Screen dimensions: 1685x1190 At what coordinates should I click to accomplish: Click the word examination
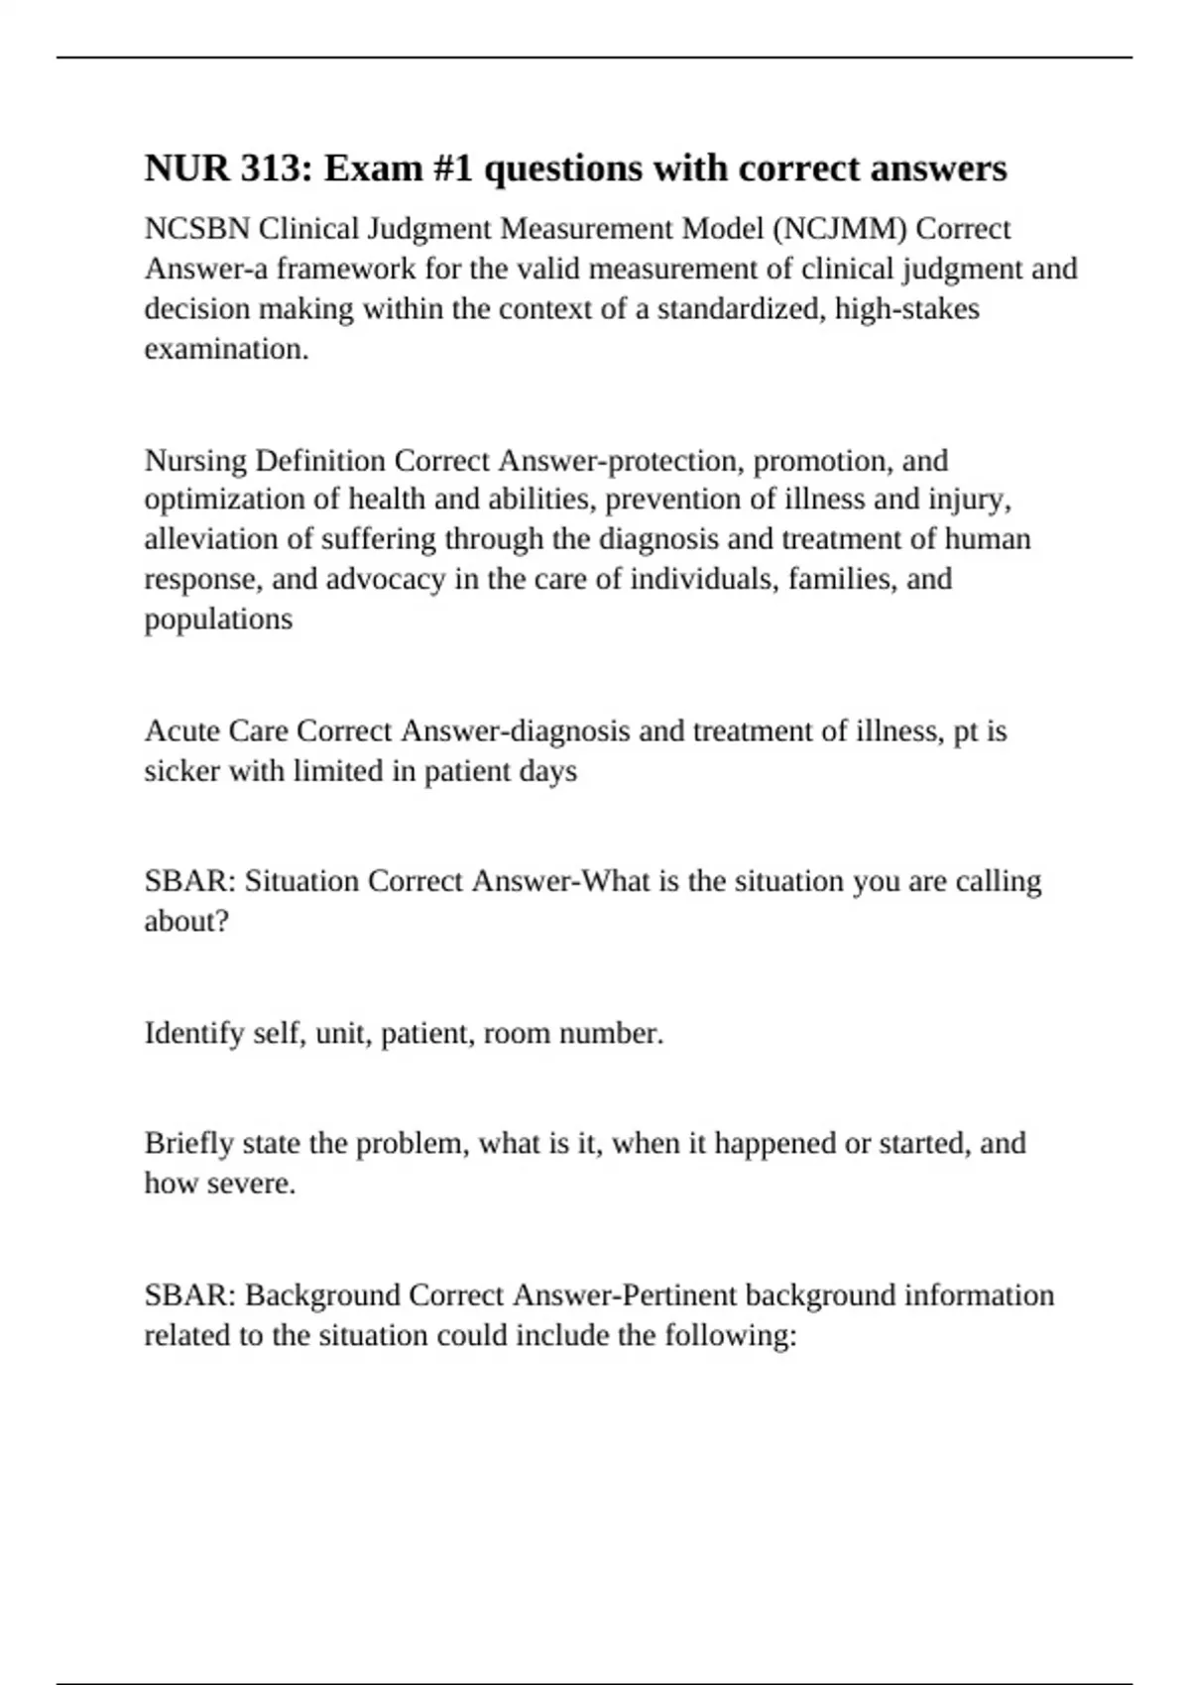coord(226,349)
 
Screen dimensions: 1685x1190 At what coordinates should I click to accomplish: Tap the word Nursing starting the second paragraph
coord(194,461)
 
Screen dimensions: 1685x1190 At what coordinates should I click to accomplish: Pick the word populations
coord(218,619)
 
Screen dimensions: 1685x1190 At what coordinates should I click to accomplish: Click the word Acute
coord(181,731)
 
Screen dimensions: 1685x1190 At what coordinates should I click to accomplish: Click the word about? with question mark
coord(186,921)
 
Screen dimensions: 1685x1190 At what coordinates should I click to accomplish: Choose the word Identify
coord(194,1034)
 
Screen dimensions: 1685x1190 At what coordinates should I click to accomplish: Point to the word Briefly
coord(189,1143)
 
